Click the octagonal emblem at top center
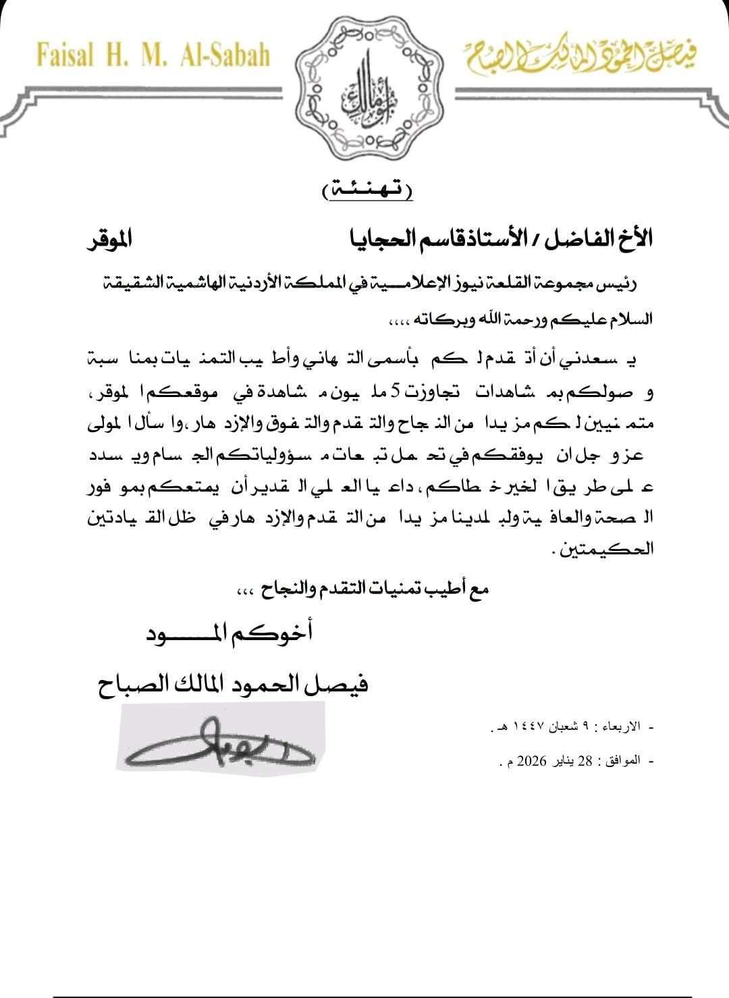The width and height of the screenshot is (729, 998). click(364, 88)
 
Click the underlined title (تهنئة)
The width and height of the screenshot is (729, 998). click(367, 191)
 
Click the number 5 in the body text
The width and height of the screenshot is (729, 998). click(396, 392)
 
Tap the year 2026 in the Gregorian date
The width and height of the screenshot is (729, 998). click(537, 762)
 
